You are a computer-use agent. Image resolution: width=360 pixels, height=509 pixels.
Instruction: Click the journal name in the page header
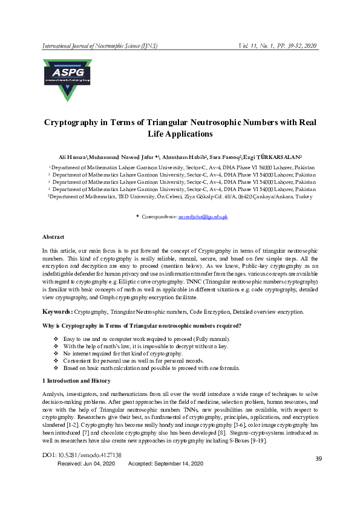point(106,47)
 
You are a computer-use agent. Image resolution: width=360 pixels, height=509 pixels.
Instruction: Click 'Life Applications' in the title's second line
point(180,134)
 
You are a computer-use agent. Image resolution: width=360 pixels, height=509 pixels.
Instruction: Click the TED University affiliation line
point(180,197)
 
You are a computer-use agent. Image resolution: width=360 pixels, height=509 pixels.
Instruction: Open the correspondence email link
point(202,216)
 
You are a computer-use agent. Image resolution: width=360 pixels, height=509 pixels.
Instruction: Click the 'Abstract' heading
point(53,236)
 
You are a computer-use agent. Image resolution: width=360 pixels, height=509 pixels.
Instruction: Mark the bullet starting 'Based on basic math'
point(151,368)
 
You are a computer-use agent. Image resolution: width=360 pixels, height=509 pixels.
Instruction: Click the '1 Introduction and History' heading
point(76,381)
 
